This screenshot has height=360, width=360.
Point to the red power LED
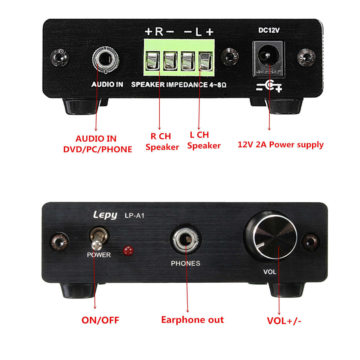[128, 250]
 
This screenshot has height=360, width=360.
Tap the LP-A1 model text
[134, 215]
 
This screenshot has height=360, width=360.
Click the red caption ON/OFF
[100, 320]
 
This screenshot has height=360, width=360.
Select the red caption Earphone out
[192, 320]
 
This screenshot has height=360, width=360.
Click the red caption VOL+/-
[284, 321]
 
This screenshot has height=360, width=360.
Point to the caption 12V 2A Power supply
[280, 145]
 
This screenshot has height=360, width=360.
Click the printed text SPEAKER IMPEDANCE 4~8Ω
[178, 85]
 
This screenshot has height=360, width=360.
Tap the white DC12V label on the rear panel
[269, 30]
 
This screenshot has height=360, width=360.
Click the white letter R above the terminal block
[159, 31]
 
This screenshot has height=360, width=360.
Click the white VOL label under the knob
[269, 272]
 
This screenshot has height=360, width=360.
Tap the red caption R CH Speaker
[162, 142]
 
